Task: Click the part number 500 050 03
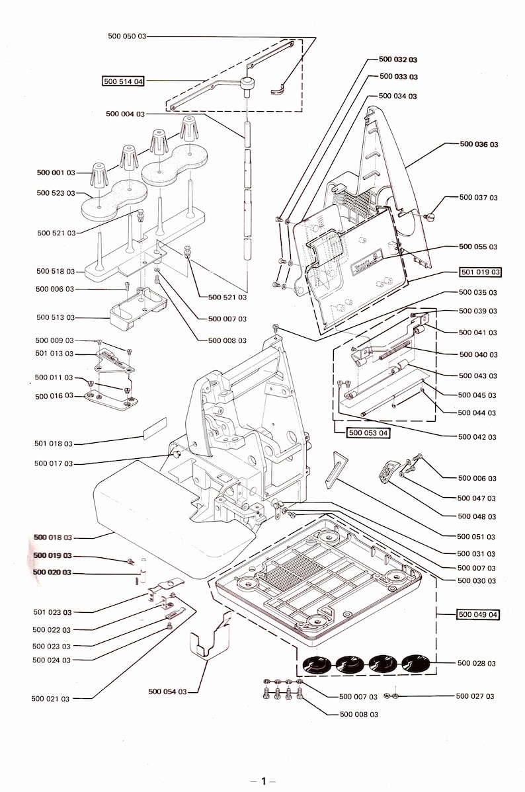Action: [x=126, y=36]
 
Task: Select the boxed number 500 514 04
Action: [x=123, y=82]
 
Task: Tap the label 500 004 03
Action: [x=125, y=114]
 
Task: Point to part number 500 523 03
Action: [x=56, y=193]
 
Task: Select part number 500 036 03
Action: [x=479, y=143]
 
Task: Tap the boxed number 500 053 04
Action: [x=369, y=433]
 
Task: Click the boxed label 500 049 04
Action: [x=478, y=614]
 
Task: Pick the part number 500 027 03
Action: [x=475, y=696]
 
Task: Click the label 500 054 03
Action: [x=167, y=692]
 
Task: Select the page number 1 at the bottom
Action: [x=262, y=781]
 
